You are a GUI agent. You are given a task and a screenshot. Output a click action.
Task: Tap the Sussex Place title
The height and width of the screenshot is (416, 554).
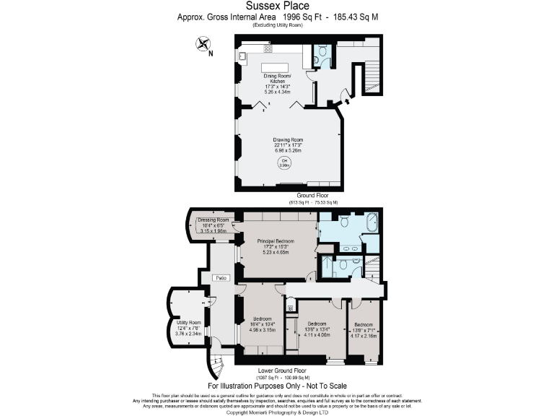click(277, 6)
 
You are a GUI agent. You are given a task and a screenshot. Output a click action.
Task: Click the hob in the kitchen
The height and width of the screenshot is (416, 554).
click(268, 50)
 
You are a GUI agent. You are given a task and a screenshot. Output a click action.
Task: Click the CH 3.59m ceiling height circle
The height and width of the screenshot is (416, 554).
click(284, 162)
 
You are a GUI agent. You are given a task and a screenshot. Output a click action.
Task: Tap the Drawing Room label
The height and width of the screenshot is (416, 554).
click(286, 140)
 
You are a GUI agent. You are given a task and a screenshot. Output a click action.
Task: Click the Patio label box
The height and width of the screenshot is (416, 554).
click(221, 277)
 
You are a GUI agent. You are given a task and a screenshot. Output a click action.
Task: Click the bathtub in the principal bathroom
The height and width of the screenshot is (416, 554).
click(373, 222)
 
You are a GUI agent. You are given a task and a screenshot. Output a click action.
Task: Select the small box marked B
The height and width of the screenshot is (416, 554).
click(290, 308)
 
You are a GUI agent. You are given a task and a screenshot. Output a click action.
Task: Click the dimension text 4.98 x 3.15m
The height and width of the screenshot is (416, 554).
click(263, 329)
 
